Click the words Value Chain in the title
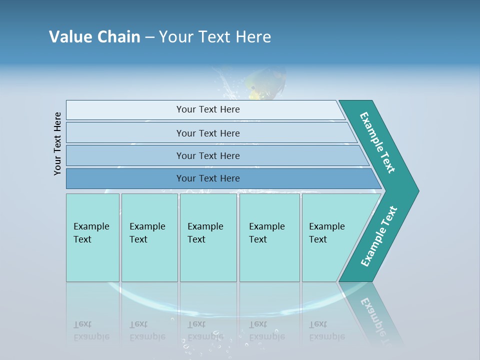[x=94, y=37]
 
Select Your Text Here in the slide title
[x=215, y=37]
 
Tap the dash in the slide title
[x=149, y=37]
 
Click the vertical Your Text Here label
[x=57, y=143]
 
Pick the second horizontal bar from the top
[x=208, y=133]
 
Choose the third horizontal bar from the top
[x=208, y=155]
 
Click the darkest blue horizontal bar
[x=208, y=178]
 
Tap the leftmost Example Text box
[x=92, y=237]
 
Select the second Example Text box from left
[x=149, y=237]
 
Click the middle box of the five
[x=208, y=237]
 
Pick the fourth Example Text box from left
[x=269, y=237]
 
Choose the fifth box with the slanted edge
[x=330, y=237]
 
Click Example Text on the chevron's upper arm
[x=378, y=142]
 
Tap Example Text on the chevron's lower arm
[x=379, y=236]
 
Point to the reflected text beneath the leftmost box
[x=91, y=330]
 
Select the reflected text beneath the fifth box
[x=326, y=330]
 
